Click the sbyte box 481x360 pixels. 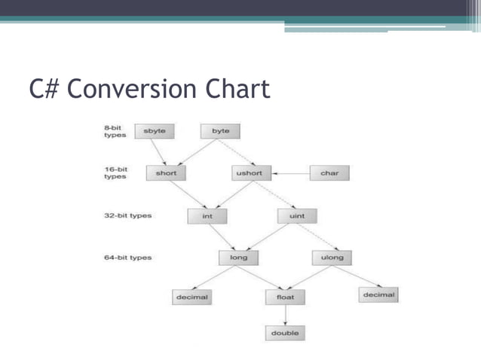click(154, 131)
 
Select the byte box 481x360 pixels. click(220, 131)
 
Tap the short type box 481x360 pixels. click(166, 173)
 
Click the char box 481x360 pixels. click(329, 173)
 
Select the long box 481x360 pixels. click(237, 258)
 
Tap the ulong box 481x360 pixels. click(331, 258)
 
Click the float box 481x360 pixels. click(285, 297)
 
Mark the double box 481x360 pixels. click(285, 332)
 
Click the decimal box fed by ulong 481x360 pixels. click(378, 295)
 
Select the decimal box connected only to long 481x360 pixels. click(191, 297)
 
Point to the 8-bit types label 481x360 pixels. click(115, 131)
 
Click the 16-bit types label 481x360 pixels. click(115, 173)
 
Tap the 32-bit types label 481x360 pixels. click(127, 216)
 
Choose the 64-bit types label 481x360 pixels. click(127, 258)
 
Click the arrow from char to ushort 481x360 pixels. click(290, 173)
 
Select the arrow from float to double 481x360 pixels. click(285, 315)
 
